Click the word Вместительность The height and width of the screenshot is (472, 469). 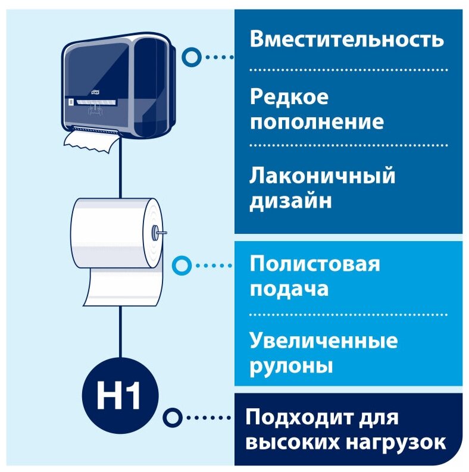click(347, 39)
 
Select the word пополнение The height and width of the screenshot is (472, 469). click(317, 122)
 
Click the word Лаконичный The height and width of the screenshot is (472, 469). click(323, 176)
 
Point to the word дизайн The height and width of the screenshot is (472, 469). click(290, 201)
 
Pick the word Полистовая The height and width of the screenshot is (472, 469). click(315, 263)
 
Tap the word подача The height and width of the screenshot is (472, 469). click(289, 289)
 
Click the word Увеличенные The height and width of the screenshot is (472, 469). click(324, 342)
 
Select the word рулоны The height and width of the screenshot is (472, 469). click(291, 366)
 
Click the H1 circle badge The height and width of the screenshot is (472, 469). click(121, 396)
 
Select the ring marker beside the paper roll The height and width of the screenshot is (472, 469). click(181, 264)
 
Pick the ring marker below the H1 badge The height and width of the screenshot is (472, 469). click(171, 417)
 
